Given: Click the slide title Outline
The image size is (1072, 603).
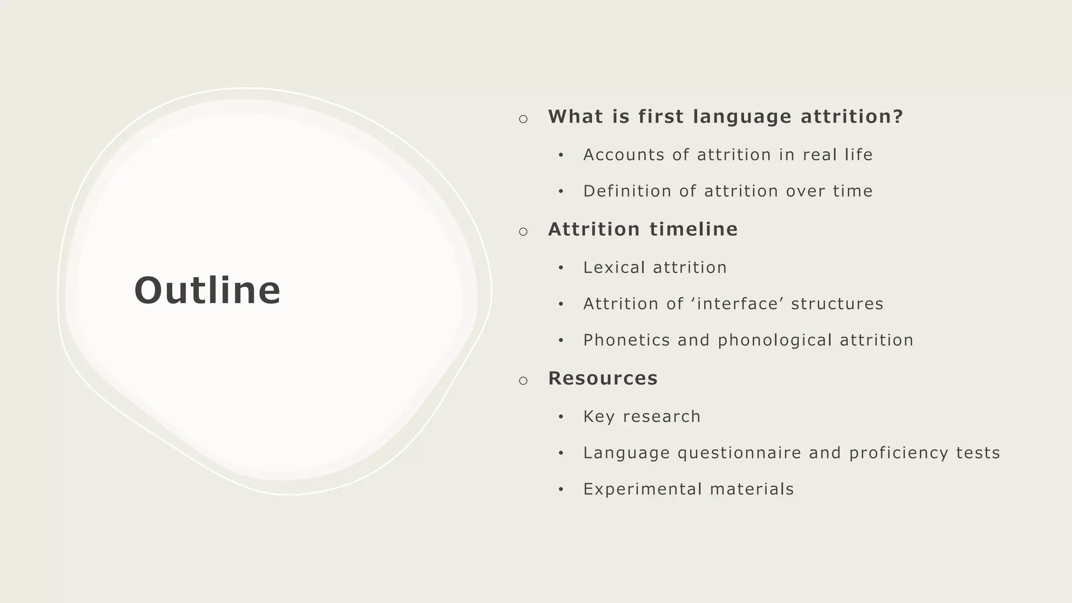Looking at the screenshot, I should coord(207,291).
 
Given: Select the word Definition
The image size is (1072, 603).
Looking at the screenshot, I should coord(627,191).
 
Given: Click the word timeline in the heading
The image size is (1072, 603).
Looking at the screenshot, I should coord(694,229).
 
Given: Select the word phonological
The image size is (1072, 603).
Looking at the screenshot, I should coord(775,340).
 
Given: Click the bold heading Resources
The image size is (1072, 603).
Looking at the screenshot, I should coord(602,378).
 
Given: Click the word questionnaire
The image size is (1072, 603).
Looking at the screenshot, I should coord(739,453).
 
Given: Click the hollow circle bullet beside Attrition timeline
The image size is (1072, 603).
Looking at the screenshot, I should coord(523,231).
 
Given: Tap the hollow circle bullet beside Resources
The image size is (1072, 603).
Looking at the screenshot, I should coord(523,381).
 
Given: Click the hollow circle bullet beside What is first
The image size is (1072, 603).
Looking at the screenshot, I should coord(523,119).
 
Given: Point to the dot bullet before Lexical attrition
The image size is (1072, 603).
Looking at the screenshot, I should coord(561,268).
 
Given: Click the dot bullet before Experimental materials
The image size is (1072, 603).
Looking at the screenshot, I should coord(561,489).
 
